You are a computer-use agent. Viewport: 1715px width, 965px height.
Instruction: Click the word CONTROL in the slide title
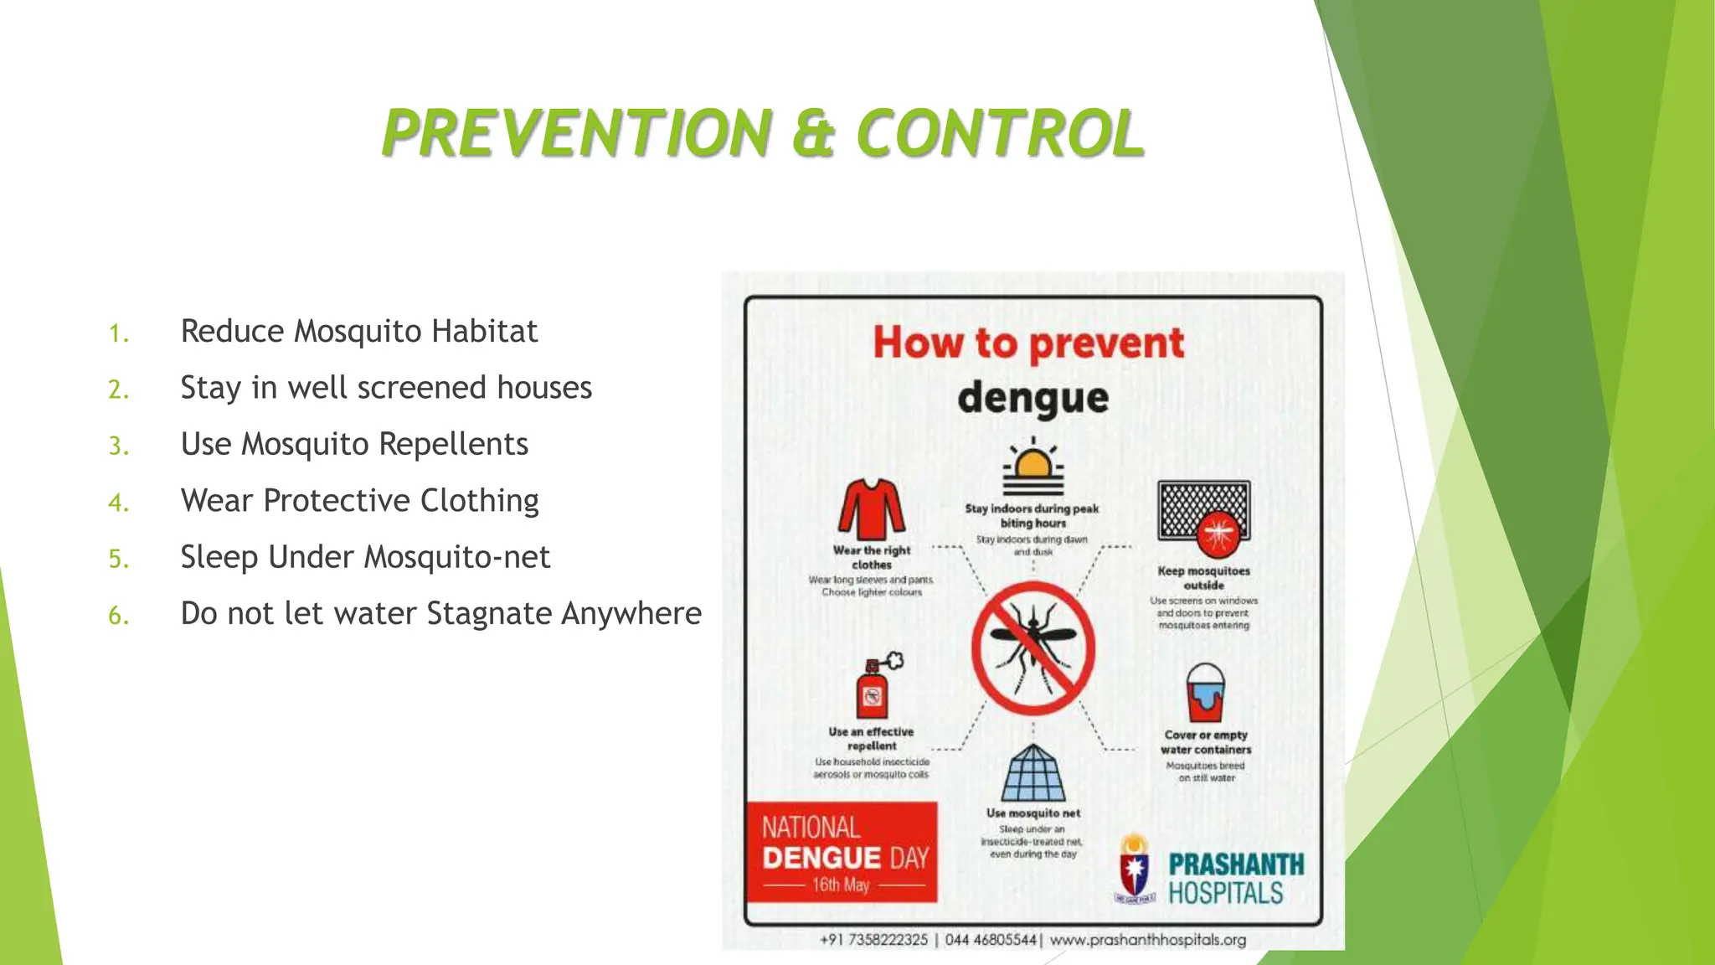pos(1000,134)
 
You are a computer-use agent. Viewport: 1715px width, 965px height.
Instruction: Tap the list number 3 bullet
pos(119,446)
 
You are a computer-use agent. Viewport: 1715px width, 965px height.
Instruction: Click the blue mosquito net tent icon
pos(1033,774)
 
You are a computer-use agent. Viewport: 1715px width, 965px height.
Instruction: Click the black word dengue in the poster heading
pos(1033,399)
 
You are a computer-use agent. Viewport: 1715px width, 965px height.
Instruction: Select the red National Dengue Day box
pos(842,853)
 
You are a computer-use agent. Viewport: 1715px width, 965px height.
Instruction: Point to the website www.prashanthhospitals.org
pos(1148,940)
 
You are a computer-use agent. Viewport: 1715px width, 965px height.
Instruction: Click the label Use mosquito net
pos(1033,813)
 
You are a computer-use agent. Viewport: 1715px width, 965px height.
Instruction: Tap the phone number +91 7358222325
pos(873,940)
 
